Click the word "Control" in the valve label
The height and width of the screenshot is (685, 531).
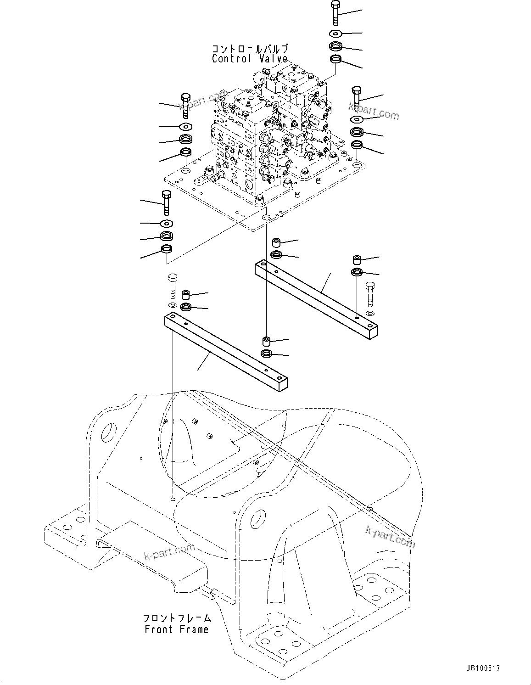pos(231,59)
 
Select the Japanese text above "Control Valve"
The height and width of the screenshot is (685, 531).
pos(250,49)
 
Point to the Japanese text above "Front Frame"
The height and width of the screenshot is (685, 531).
pos(177,618)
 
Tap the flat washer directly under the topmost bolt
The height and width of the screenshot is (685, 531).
pos(335,33)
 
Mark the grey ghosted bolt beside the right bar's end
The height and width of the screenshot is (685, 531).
pos(370,294)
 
